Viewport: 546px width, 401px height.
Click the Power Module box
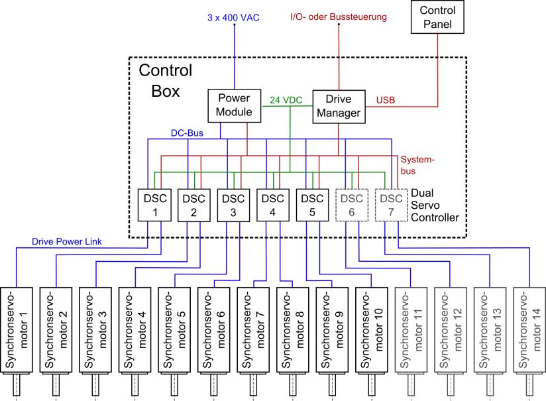(235, 105)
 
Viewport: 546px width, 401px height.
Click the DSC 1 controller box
(154, 205)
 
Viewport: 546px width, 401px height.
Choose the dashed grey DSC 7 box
(391, 205)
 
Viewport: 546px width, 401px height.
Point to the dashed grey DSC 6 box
(352, 205)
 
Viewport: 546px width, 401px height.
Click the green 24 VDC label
(286, 101)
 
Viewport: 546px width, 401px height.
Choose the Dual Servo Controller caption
(435, 205)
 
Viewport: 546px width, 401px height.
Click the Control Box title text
(166, 80)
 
